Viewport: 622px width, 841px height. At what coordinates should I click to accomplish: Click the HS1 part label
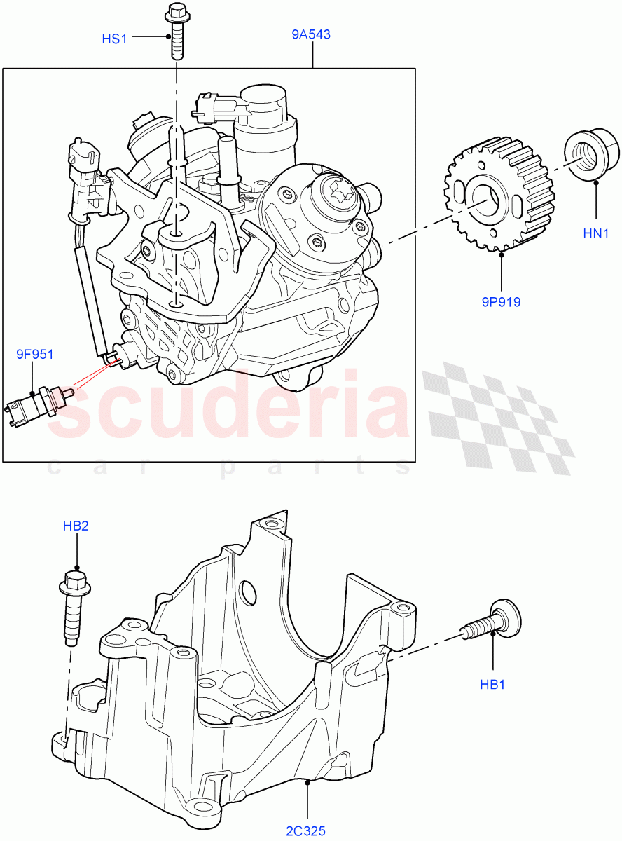pyautogui.click(x=114, y=39)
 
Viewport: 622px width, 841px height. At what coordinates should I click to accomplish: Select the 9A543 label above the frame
pyautogui.click(x=311, y=34)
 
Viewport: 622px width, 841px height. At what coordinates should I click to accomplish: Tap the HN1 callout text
pyautogui.click(x=596, y=233)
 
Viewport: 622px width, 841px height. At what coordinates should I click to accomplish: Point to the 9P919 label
pyautogui.click(x=502, y=303)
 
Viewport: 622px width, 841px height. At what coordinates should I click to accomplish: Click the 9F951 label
pyautogui.click(x=35, y=355)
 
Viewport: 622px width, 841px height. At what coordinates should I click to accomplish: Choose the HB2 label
pyautogui.click(x=76, y=526)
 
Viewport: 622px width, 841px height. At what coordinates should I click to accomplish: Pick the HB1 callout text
pyautogui.click(x=493, y=684)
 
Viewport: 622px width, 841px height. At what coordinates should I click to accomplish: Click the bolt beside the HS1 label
pyautogui.click(x=177, y=32)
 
